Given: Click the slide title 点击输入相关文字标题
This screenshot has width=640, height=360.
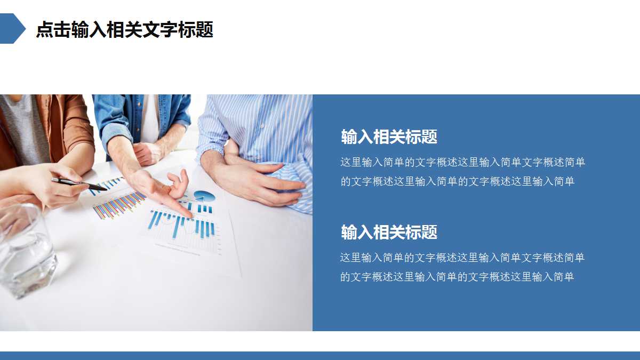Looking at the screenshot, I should [x=124, y=29].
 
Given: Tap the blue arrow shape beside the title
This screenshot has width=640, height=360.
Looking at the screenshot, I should [x=12, y=28].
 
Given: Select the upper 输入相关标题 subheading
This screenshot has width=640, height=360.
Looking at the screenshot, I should [x=389, y=137].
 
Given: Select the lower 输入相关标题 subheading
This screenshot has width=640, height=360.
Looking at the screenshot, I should [x=389, y=232].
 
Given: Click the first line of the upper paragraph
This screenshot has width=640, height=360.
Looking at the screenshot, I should [x=462, y=162].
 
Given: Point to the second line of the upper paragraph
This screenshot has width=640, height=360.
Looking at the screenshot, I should [x=457, y=181].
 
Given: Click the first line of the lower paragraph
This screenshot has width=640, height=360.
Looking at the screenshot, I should [x=462, y=258].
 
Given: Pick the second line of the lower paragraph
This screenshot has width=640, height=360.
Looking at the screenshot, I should [x=457, y=277].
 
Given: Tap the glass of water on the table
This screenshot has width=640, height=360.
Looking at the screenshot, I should [x=27, y=251].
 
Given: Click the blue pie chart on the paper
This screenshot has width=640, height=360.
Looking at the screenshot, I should [x=204, y=196].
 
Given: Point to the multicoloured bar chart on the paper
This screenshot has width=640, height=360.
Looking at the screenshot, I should [x=118, y=205].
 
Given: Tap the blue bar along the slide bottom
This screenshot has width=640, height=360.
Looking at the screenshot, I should [x=320, y=355].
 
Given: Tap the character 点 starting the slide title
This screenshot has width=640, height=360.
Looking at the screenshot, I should [x=44, y=29].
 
